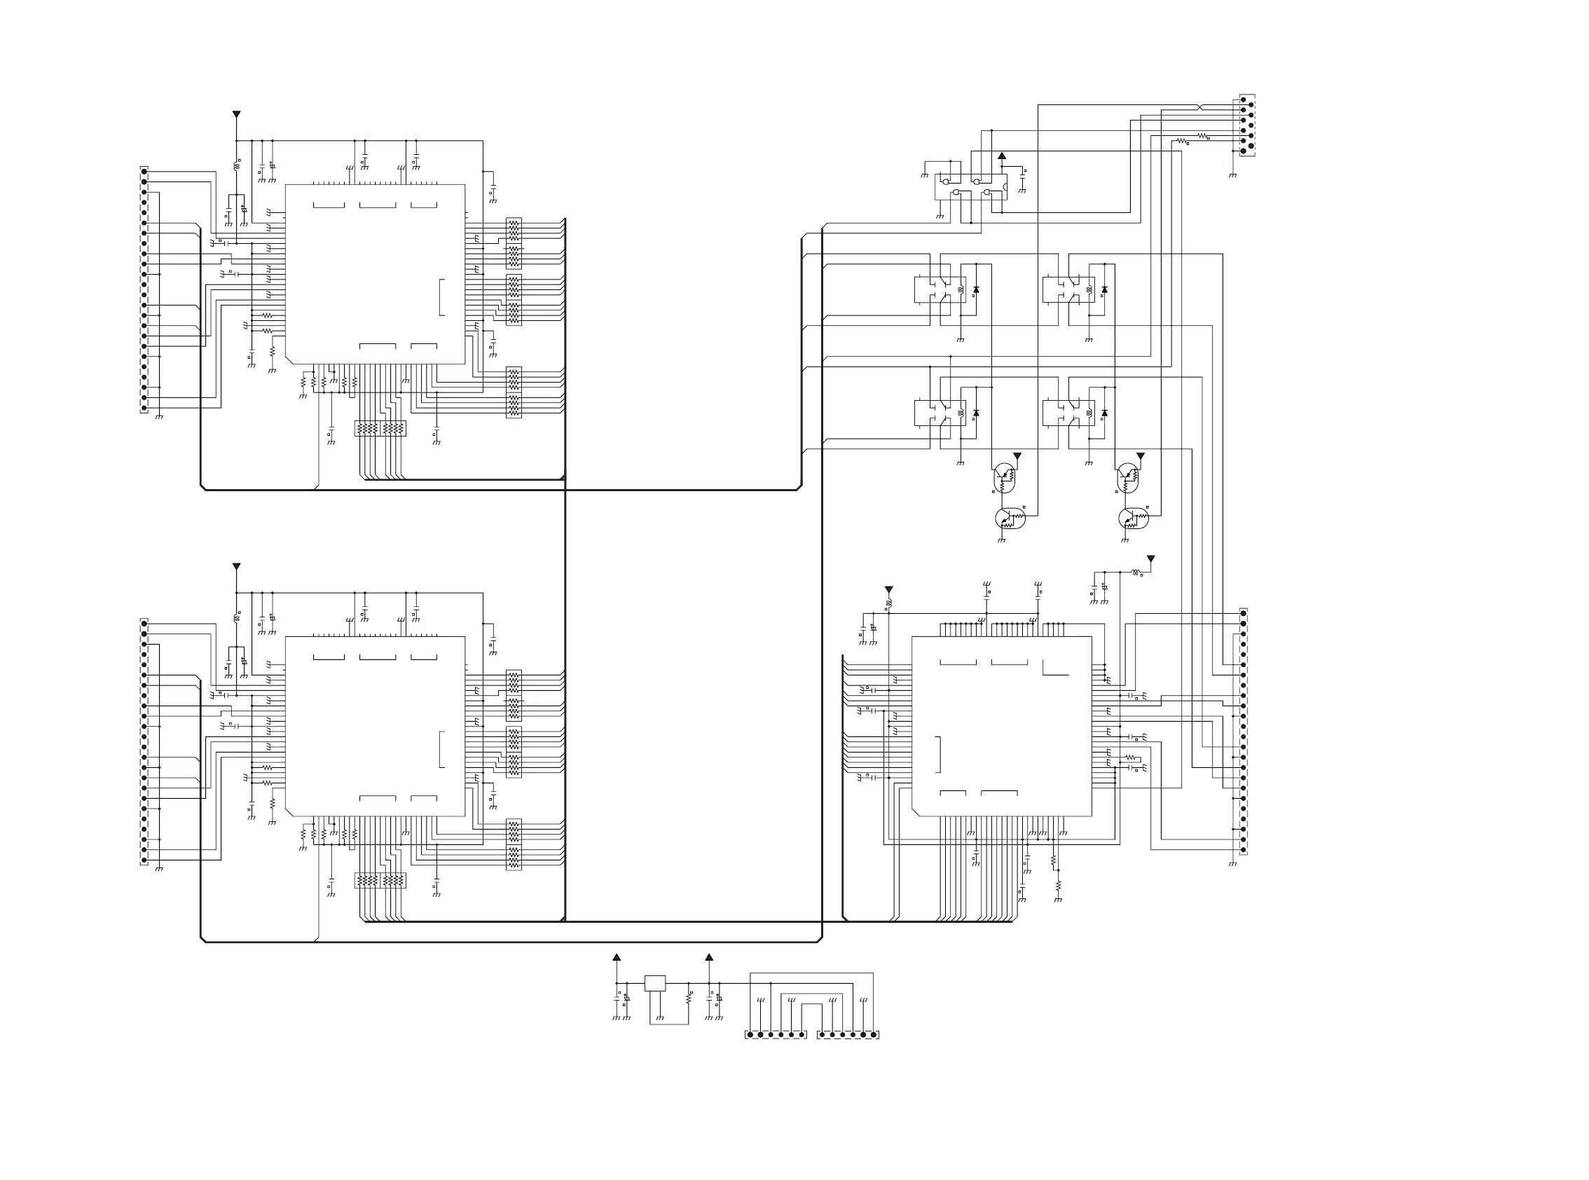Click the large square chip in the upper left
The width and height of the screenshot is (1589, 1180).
(x=375, y=274)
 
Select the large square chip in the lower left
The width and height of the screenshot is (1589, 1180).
(x=375, y=726)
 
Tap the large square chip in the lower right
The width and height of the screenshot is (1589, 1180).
(x=1001, y=726)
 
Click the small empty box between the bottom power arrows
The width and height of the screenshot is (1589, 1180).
(x=655, y=983)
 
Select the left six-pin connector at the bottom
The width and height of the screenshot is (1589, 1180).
(x=776, y=1034)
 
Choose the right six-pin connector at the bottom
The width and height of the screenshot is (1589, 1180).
(x=848, y=1034)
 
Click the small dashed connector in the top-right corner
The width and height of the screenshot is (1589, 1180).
(x=1247, y=125)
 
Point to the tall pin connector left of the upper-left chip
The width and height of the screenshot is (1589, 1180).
(x=144, y=290)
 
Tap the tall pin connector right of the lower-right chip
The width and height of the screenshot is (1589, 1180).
(x=1244, y=731)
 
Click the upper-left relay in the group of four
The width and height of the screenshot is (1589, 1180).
(x=940, y=290)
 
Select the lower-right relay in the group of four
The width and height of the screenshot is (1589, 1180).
(x=1068, y=413)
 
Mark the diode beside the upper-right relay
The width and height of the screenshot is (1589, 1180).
(x=1105, y=290)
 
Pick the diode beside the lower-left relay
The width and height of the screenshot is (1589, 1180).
(x=976, y=413)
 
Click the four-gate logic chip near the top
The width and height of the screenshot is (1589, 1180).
(x=970, y=186)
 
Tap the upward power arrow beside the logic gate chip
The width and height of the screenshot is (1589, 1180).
(x=1002, y=156)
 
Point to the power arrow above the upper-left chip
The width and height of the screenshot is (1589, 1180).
(x=236, y=114)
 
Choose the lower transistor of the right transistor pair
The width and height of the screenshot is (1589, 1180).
(x=1130, y=519)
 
